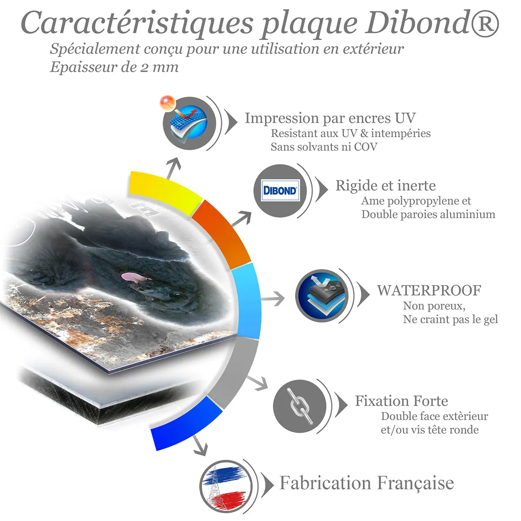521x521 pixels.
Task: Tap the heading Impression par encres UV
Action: coord(330,118)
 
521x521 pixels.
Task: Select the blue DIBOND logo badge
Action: coord(280,190)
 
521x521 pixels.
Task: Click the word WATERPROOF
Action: coord(429,290)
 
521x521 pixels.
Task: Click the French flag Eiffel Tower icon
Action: coord(225,487)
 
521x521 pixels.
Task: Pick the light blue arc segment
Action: coord(246,301)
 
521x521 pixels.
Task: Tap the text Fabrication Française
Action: coord(366,483)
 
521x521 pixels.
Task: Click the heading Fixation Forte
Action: coord(402,401)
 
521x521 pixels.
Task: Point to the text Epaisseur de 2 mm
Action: coord(114,67)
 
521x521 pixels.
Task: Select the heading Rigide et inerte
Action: coord(385,186)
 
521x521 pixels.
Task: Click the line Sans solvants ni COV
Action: coord(324,146)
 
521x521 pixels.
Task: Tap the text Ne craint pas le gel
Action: coord(451,319)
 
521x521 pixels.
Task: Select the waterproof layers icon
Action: coord(322,295)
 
